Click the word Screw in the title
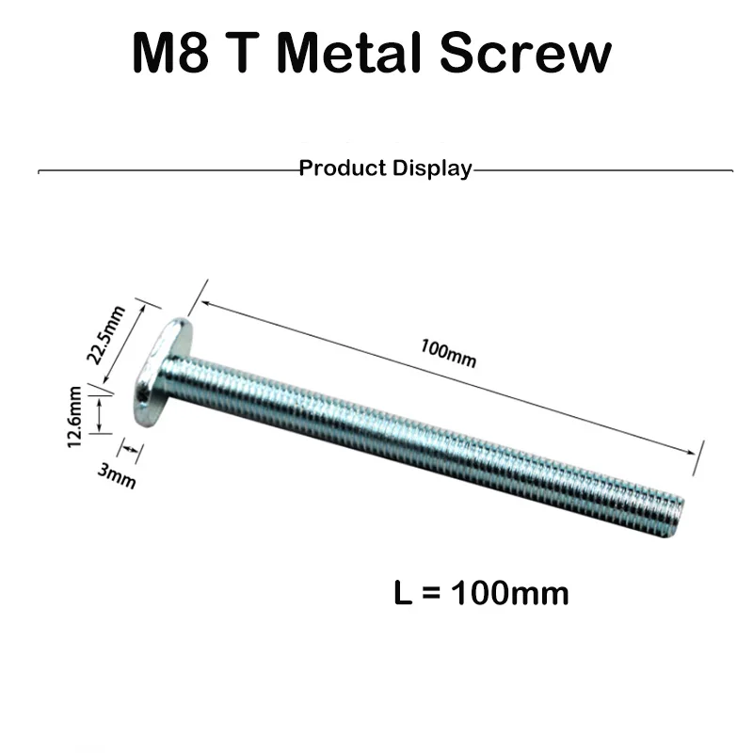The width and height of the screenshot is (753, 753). (x=525, y=52)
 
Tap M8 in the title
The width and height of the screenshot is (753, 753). (x=170, y=52)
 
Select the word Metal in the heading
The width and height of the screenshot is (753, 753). (x=348, y=52)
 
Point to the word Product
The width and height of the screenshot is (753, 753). (x=343, y=168)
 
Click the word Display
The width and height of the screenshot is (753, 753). (x=432, y=169)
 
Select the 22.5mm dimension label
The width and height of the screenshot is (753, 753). (x=105, y=335)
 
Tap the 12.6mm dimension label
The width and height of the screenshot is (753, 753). (x=74, y=417)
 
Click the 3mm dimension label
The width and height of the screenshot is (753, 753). (x=116, y=475)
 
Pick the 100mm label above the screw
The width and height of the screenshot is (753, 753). (x=449, y=354)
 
